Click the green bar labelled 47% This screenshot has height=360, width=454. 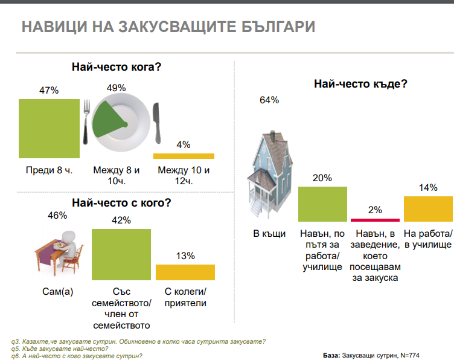click(50, 129)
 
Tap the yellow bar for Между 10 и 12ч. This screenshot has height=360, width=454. click(184, 156)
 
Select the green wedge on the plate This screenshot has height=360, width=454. click(109, 120)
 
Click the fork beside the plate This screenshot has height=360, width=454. click(86, 121)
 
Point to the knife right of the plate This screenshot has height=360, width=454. click(156, 123)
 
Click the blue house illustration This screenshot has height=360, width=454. click(270, 174)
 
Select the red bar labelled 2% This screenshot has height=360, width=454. click(376, 220)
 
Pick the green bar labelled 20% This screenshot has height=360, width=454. click(322, 204)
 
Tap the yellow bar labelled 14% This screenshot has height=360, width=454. click(428, 209)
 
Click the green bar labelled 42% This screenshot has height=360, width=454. click(121, 254)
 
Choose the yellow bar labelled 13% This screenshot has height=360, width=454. click(185, 272)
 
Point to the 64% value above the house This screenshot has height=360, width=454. click(269, 100)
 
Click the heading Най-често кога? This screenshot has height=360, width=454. click(117, 67)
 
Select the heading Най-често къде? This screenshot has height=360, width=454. click(361, 84)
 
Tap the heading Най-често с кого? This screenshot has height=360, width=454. click(121, 203)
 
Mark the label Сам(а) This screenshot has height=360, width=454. click(57, 291)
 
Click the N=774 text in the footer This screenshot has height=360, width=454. click(410, 355)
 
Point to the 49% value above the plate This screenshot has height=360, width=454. click(116, 88)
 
